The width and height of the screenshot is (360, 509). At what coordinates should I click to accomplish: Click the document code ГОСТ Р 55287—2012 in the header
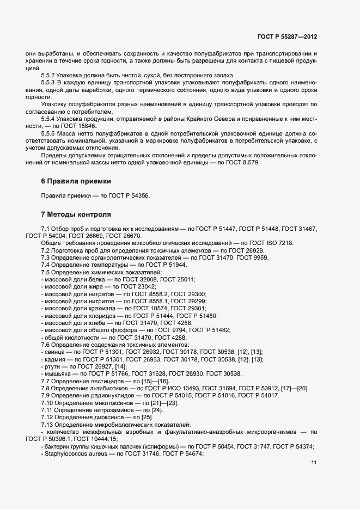pyautogui.click(x=287, y=36)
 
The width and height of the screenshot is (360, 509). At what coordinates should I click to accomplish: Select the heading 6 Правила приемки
pyautogui.click(x=75, y=181)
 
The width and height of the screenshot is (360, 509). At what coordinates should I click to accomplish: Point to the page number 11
pyautogui.click(x=314, y=463)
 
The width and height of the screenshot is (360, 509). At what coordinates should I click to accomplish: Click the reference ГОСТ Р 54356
pyautogui.click(x=129, y=196)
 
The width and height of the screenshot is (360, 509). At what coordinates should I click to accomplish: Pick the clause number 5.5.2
pyautogui.click(x=50, y=75)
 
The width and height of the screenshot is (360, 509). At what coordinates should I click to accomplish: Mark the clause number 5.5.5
pyautogui.click(x=50, y=133)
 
